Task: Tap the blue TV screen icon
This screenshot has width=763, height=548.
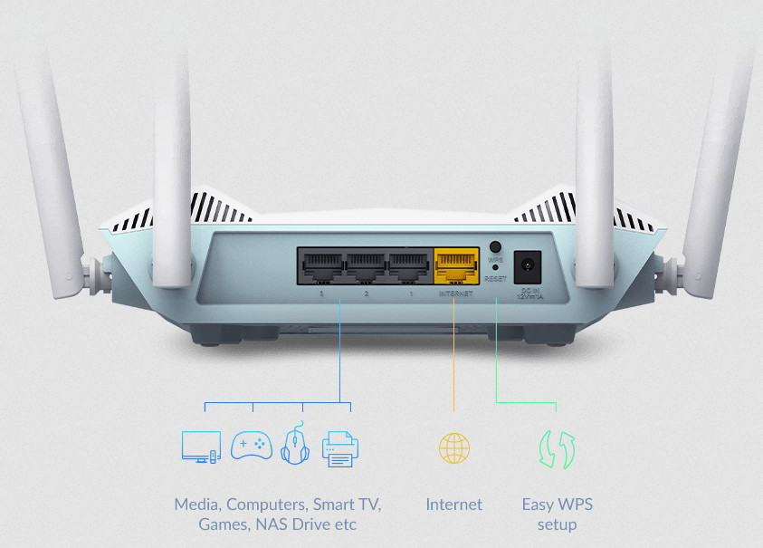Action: pos(201,447)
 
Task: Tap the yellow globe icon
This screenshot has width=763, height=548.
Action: pos(454,447)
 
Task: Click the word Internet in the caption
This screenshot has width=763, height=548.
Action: pos(454,505)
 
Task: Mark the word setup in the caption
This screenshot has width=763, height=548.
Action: pos(557,524)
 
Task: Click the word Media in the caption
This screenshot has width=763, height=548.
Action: pos(196,505)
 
